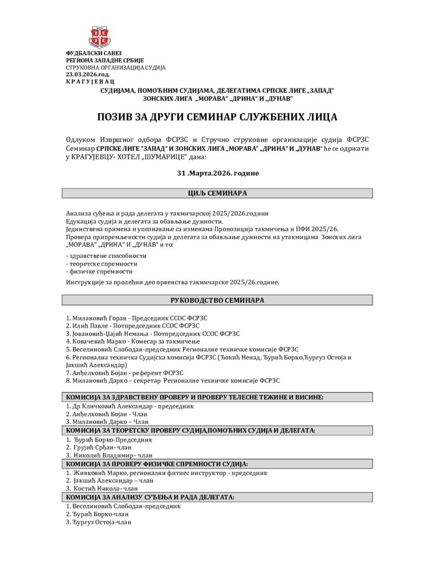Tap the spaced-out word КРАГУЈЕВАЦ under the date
(91, 81)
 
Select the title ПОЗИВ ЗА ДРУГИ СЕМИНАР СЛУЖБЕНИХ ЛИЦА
(217, 117)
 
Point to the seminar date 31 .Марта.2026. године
(217, 173)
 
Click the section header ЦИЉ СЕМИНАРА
(217, 194)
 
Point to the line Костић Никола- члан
(101, 488)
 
